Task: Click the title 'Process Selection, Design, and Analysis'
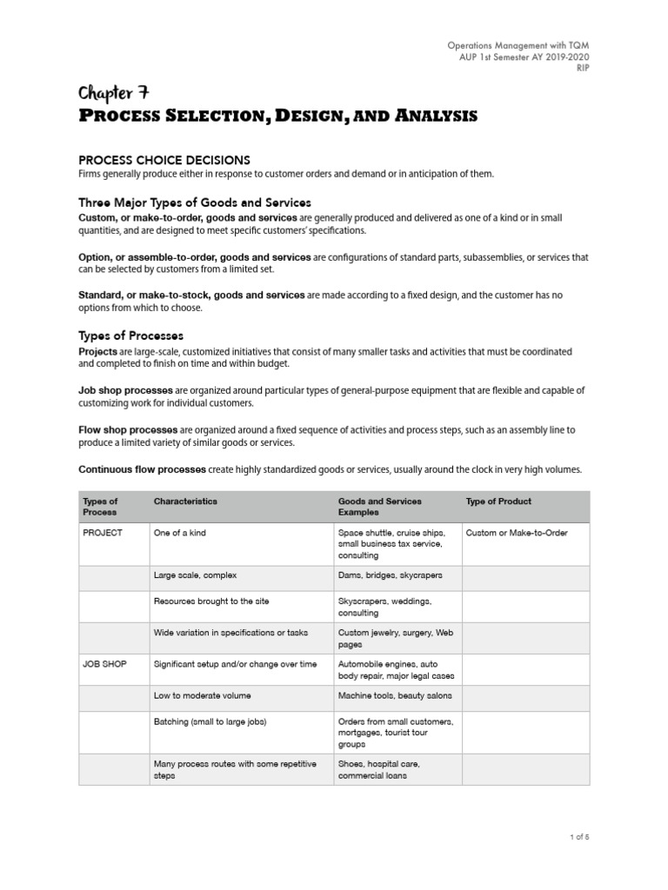pos(277,116)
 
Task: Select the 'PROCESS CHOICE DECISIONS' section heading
pos(164,160)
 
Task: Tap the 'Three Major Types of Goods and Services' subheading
pos(195,203)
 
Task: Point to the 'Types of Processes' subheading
pos(130,335)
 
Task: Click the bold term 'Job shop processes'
pos(124,390)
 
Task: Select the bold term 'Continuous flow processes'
pos(142,469)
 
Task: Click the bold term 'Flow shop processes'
pos(128,429)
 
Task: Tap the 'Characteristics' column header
pos(185,501)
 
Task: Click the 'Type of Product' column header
pos(498,501)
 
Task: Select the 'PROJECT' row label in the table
pos(103,533)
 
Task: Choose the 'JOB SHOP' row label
pos(104,664)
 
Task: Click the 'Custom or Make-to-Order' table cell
pos(516,533)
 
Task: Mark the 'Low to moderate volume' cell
pos(202,696)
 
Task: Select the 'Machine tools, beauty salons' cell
pos(395,696)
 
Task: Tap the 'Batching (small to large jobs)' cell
pos(210,722)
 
